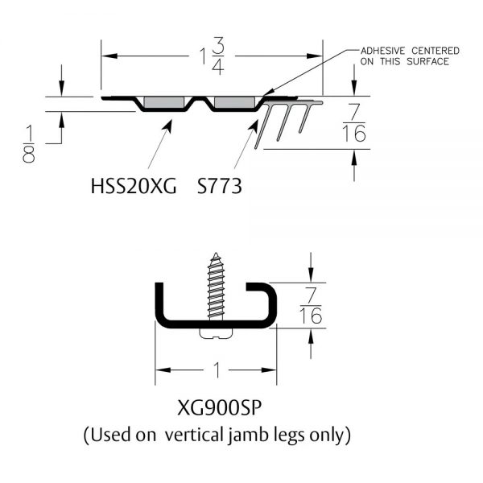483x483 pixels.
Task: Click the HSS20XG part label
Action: pyautogui.click(x=133, y=186)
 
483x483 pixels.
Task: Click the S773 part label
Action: pyautogui.click(x=219, y=186)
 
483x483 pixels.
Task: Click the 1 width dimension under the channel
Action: pyautogui.click(x=216, y=370)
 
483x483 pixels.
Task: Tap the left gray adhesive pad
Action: pyautogui.click(x=162, y=103)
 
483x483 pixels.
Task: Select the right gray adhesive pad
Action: pyautogui.click(x=233, y=103)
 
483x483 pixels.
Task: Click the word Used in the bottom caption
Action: pyautogui.click(x=110, y=436)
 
